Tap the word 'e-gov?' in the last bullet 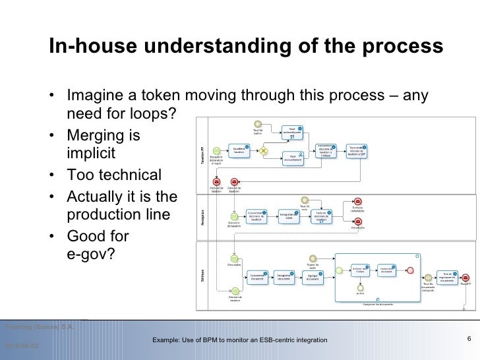click(91, 253)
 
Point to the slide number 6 click(467, 340)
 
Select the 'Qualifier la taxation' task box click(239, 150)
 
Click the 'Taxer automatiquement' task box click(292, 132)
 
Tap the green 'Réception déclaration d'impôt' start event click(216, 151)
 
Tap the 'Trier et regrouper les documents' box click(447, 277)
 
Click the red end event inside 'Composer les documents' click(411, 270)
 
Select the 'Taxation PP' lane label click(202, 154)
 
